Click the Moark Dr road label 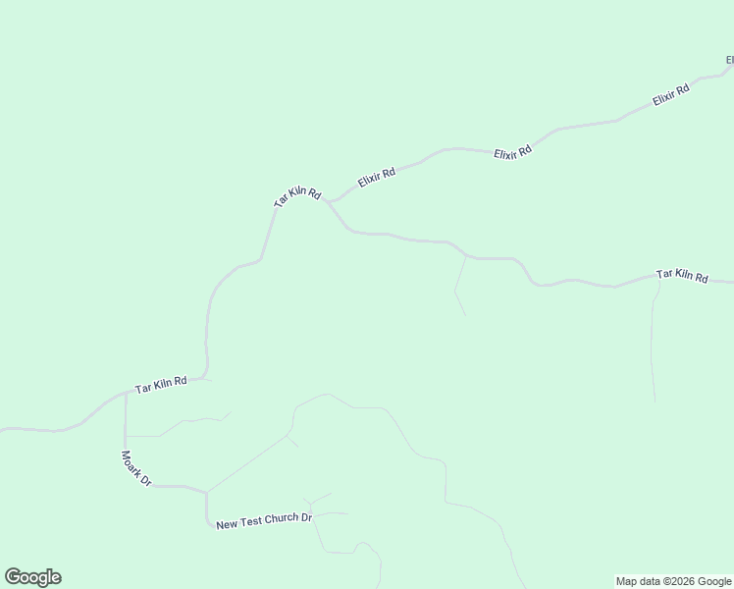point(135,468)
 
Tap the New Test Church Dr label point(264,518)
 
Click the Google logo point(32,577)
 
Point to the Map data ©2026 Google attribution point(674,581)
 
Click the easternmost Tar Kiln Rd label point(682,277)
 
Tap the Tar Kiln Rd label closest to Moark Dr point(161,384)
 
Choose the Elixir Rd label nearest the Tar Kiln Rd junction point(377,178)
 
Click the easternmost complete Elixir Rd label point(671,96)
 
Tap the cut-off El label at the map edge point(729,61)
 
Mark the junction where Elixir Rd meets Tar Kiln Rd point(330,202)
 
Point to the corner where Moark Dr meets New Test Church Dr point(206,492)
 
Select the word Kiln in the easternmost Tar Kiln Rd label point(683,277)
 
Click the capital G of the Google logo point(13,577)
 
